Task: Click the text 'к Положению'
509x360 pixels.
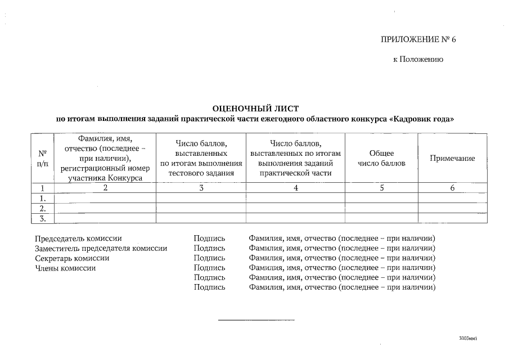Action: (418, 60)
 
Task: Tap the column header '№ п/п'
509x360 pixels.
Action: (42, 158)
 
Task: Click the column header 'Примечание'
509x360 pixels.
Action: (452, 158)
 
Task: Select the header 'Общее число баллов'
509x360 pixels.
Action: (381, 158)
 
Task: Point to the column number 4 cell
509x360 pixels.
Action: (295, 188)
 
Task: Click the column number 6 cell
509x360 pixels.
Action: (452, 188)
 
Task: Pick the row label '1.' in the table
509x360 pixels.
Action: (42, 198)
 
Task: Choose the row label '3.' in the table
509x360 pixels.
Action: (42, 218)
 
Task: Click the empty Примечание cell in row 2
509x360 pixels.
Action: (452, 208)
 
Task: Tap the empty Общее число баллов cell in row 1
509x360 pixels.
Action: (381, 198)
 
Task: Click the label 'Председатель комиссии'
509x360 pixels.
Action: (78, 238)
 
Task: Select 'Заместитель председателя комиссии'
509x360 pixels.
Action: (101, 248)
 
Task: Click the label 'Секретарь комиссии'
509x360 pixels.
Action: (72, 258)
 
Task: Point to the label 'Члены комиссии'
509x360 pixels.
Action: (65, 268)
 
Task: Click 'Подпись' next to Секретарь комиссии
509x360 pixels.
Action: (209, 258)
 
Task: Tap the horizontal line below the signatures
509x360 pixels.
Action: (256, 320)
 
